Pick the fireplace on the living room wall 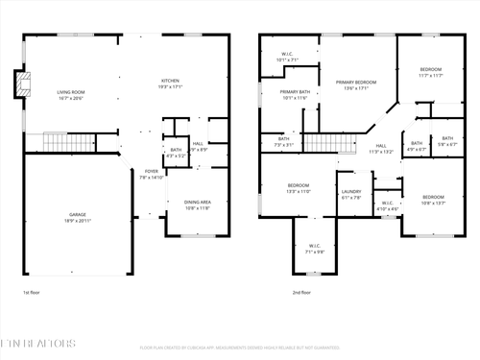click(19, 84)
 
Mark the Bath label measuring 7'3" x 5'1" click(284, 141)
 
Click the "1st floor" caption click(32, 292)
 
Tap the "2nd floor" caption click(301, 292)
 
